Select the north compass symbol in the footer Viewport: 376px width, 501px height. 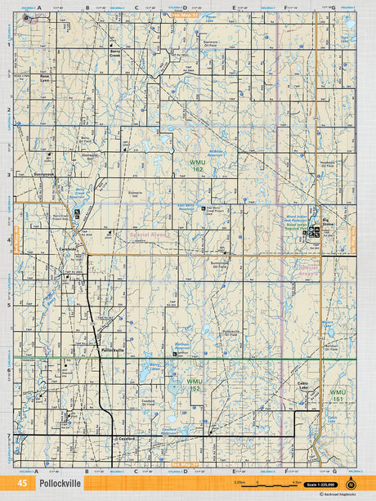351,483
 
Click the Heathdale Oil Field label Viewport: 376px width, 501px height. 327,163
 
